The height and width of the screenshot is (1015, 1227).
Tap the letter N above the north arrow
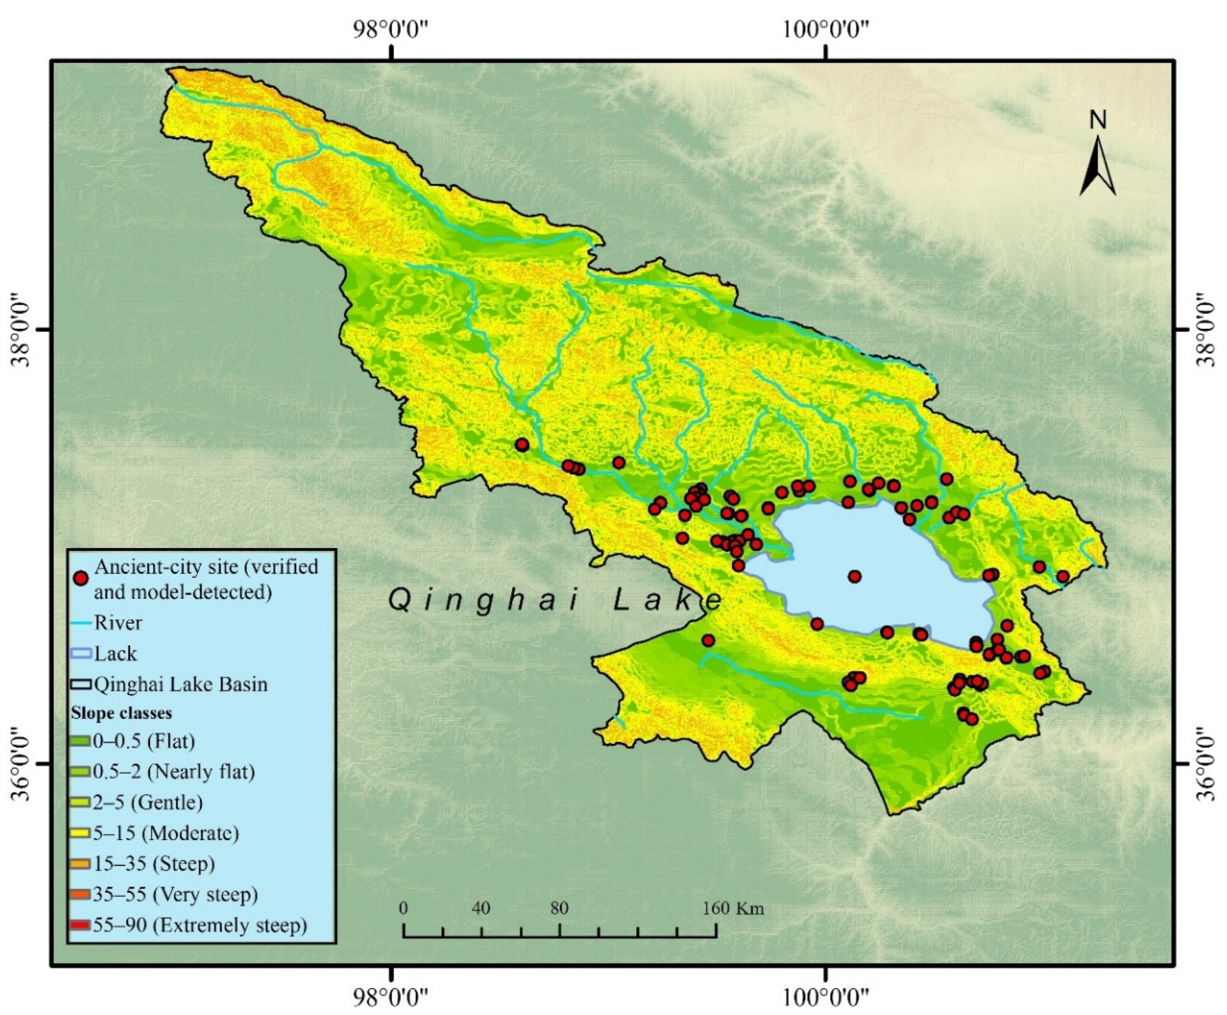(x=1098, y=120)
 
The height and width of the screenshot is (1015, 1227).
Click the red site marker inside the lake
(x=855, y=577)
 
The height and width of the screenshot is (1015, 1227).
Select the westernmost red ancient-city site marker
(x=522, y=445)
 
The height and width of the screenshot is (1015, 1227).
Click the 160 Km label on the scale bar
(x=733, y=908)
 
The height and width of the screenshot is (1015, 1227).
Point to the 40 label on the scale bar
(x=481, y=908)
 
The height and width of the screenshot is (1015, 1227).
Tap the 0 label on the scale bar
(x=403, y=908)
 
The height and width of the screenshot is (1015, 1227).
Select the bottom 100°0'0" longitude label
(x=825, y=996)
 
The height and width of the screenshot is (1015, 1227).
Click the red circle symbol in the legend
(x=82, y=578)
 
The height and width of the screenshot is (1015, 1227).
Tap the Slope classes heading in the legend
(x=122, y=713)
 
